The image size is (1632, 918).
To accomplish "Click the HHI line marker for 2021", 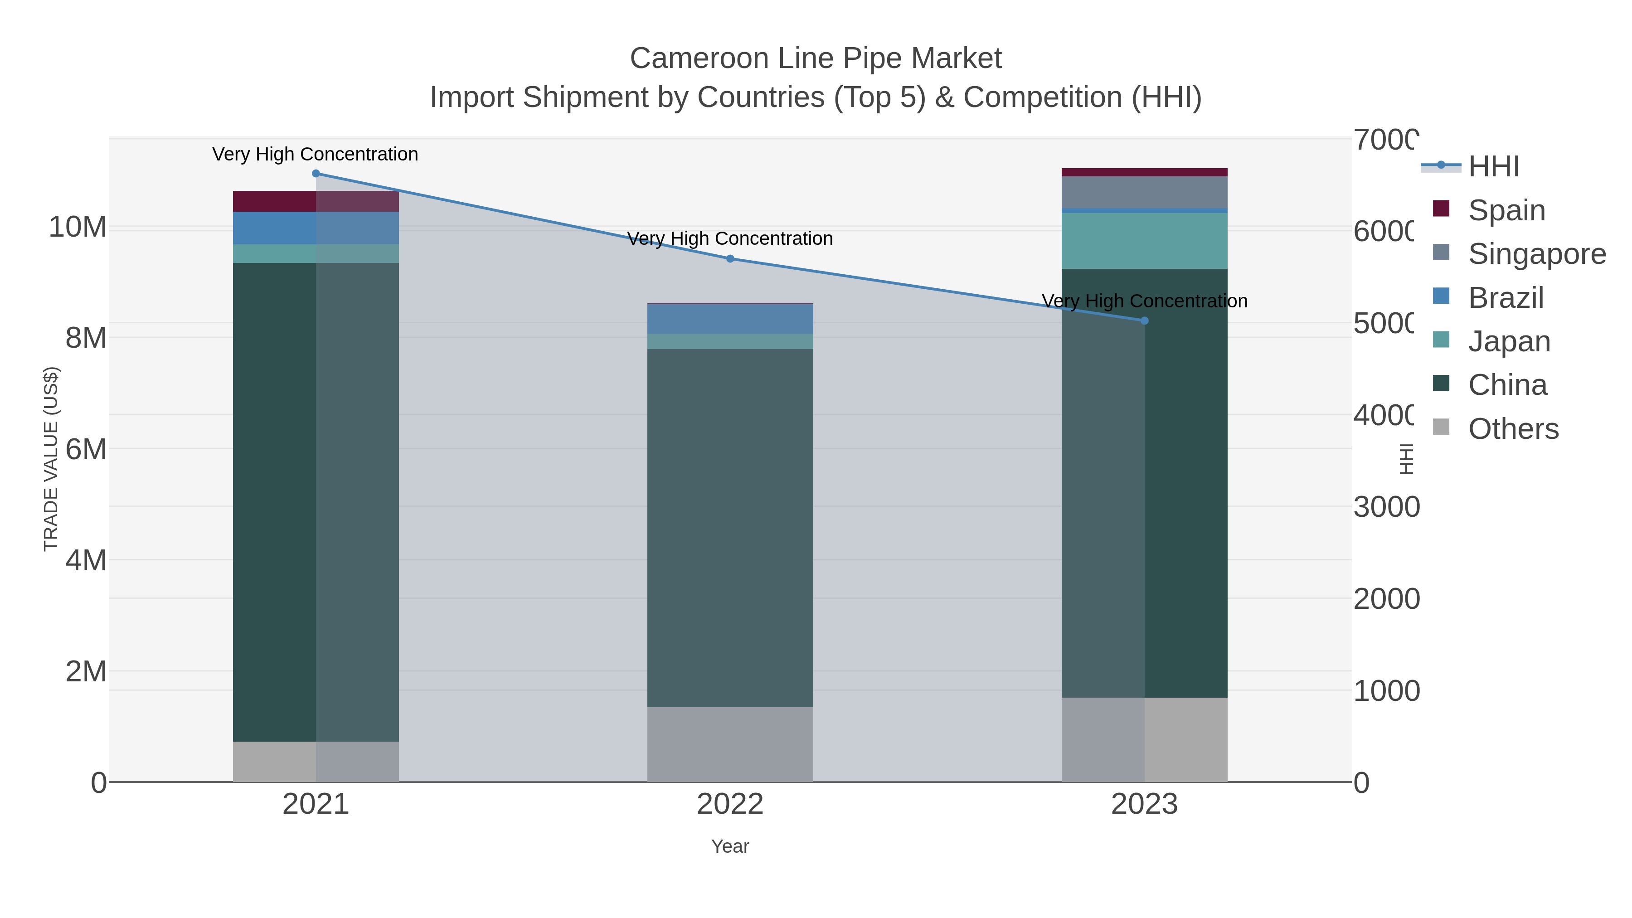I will [x=316, y=174].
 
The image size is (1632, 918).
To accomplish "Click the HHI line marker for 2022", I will [x=730, y=258].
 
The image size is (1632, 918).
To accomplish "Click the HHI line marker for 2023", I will [x=1144, y=321].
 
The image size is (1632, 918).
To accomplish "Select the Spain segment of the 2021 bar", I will [x=316, y=201].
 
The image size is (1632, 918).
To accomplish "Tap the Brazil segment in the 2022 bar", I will [x=730, y=319].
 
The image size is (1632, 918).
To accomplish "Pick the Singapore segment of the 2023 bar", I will [x=1144, y=192].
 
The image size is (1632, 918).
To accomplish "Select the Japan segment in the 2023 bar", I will [x=1144, y=241].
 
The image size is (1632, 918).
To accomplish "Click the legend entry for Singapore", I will [x=1536, y=254].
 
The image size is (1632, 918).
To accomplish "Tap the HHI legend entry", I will [x=1493, y=167].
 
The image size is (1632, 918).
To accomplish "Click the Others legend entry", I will [x=1512, y=429].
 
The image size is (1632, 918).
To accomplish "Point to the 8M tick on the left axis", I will [x=86, y=338].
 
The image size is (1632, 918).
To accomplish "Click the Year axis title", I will [x=730, y=846].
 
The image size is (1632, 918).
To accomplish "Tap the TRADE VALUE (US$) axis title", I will [x=51, y=459].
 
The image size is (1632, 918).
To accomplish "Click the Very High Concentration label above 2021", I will [x=315, y=154].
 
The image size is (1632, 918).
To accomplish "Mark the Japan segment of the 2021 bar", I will [x=316, y=253].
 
